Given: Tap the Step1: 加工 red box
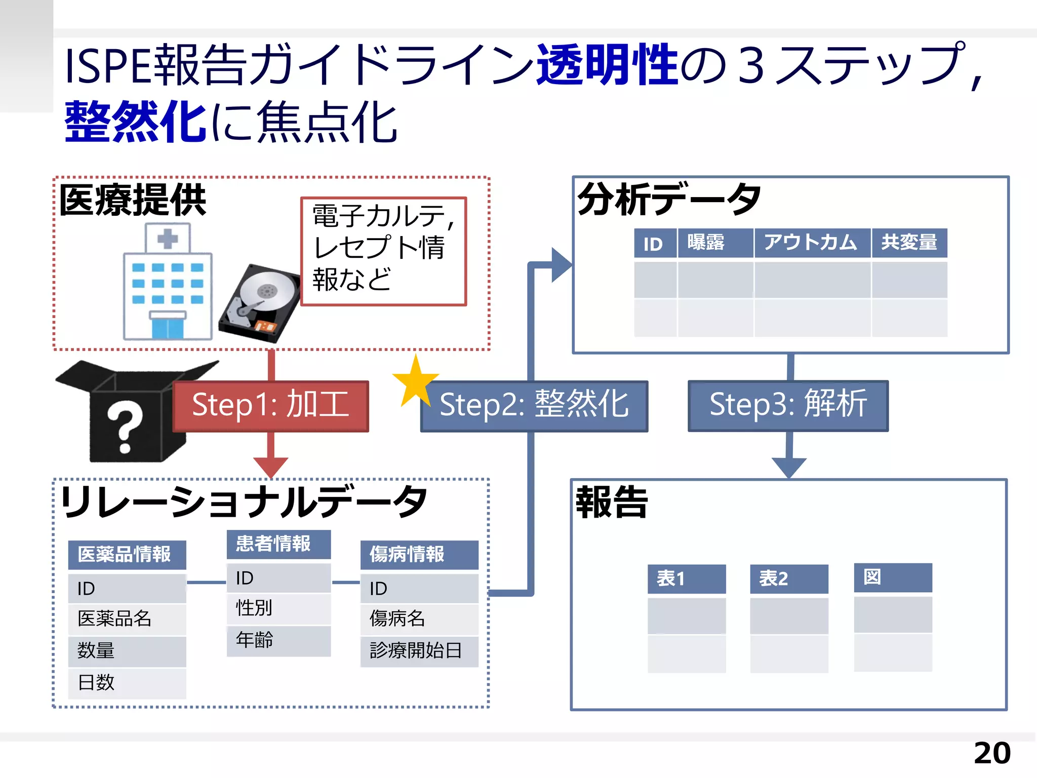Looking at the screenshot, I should [271, 406].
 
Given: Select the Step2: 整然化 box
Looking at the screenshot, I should [534, 406].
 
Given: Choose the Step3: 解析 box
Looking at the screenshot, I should [788, 405].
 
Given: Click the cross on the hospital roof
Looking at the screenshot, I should [168, 238].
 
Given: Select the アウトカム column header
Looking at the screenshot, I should [812, 243].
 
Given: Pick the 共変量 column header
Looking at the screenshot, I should [909, 243].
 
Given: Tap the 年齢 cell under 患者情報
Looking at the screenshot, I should [278, 640].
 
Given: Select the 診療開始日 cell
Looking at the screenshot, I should [419, 651].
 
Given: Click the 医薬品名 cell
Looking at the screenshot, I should [127, 619].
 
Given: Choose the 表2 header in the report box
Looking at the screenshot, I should [788, 578].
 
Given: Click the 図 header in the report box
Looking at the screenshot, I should [892, 577].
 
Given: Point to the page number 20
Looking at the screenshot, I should [991, 753].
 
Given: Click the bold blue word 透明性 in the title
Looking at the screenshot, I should [607, 65].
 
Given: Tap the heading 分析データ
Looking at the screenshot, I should [669, 199].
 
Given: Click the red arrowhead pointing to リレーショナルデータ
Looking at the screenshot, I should [271, 466].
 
